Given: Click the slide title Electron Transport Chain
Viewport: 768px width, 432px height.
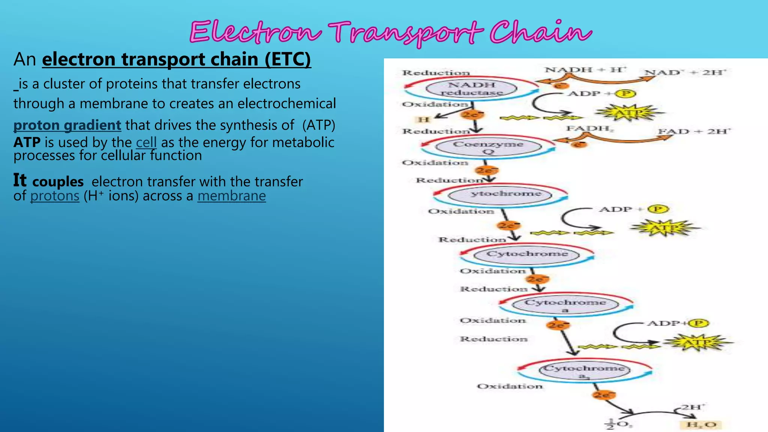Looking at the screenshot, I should (x=390, y=32).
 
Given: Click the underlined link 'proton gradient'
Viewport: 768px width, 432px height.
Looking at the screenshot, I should (x=67, y=125).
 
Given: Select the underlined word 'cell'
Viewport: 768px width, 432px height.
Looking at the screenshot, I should (x=146, y=142).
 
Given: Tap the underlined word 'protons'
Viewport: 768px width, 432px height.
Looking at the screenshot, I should (x=55, y=196).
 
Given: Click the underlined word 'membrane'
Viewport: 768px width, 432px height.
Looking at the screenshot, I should (x=231, y=196).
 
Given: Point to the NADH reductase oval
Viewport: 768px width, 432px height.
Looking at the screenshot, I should (x=471, y=88).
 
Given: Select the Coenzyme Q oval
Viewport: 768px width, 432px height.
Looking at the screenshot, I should (x=488, y=147).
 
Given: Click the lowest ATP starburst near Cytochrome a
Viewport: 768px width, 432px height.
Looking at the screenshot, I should (x=697, y=342).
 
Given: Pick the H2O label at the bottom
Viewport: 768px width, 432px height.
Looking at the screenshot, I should (x=700, y=424).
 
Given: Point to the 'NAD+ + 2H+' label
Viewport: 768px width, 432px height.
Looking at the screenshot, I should (x=685, y=72).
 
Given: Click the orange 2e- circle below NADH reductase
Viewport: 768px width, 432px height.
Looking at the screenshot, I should (x=472, y=114).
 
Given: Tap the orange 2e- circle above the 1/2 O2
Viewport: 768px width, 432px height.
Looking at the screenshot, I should (x=604, y=395).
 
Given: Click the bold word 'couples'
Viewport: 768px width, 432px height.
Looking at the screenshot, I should (x=58, y=182).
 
